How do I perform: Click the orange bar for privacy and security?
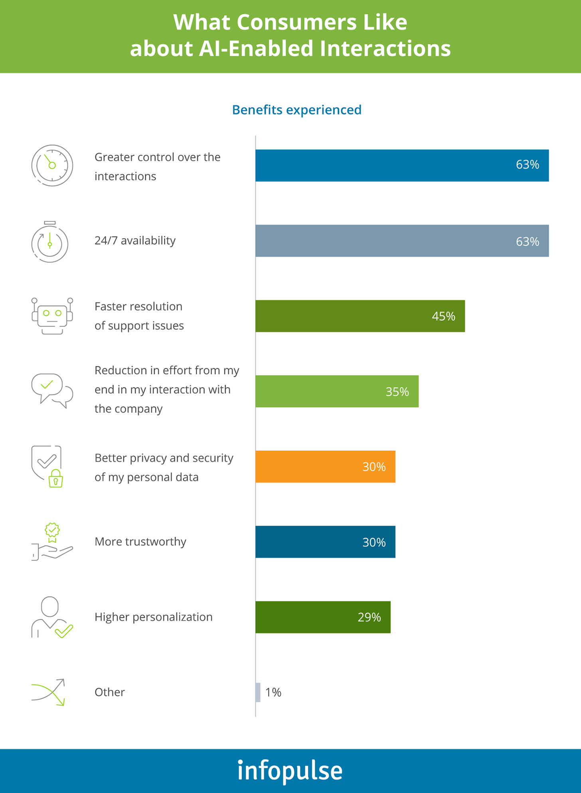(325, 467)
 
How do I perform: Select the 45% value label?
(443, 316)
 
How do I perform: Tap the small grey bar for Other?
(258, 692)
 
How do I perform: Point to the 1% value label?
(273, 692)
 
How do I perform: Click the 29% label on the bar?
(369, 617)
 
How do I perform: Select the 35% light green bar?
(337, 392)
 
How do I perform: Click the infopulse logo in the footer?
(290, 770)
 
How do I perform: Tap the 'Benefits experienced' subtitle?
(296, 110)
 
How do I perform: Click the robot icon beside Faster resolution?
(52, 316)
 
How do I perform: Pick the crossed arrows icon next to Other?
(48, 692)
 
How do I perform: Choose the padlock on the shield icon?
(56, 479)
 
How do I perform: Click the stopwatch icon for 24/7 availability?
(50, 242)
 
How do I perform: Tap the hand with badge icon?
(52, 542)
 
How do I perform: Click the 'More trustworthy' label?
(140, 542)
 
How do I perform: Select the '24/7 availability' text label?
(135, 241)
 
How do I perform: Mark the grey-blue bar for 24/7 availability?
(402, 241)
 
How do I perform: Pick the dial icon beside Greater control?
(52, 165)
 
